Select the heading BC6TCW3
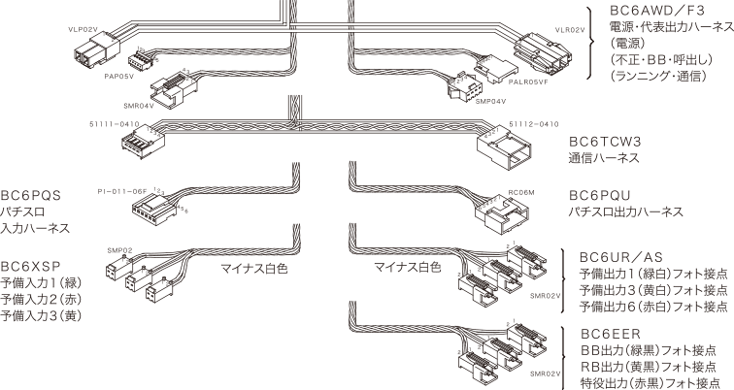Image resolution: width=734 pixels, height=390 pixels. (x=607, y=142)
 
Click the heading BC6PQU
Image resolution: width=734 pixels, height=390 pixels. (x=603, y=195)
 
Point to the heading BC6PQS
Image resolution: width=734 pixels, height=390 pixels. (x=34, y=195)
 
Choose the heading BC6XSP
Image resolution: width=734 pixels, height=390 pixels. (x=33, y=264)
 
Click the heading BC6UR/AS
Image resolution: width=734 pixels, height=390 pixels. (x=620, y=259)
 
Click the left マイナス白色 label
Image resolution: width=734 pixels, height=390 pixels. (x=254, y=264)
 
